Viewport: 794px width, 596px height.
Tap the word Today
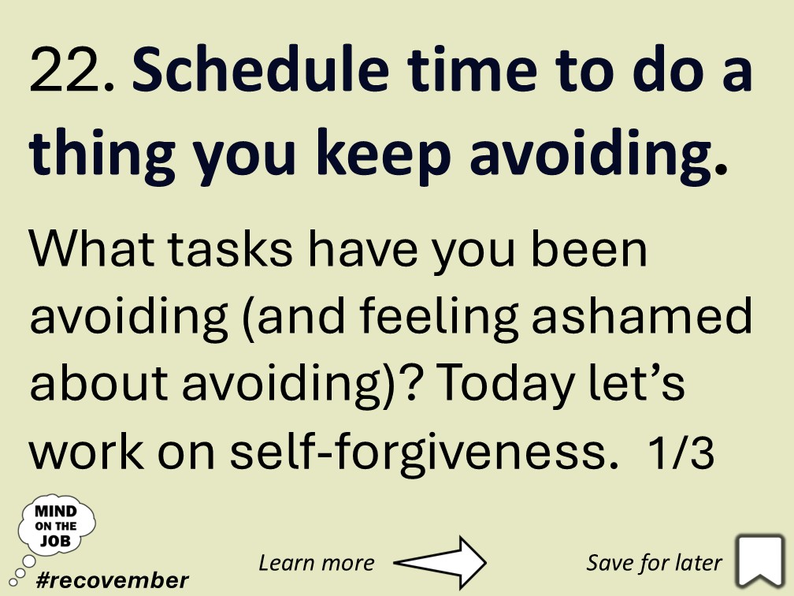(x=514, y=384)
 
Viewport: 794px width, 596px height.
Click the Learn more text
(x=316, y=562)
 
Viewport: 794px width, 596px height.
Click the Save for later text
(x=654, y=562)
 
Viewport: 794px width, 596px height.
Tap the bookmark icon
(x=760, y=561)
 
